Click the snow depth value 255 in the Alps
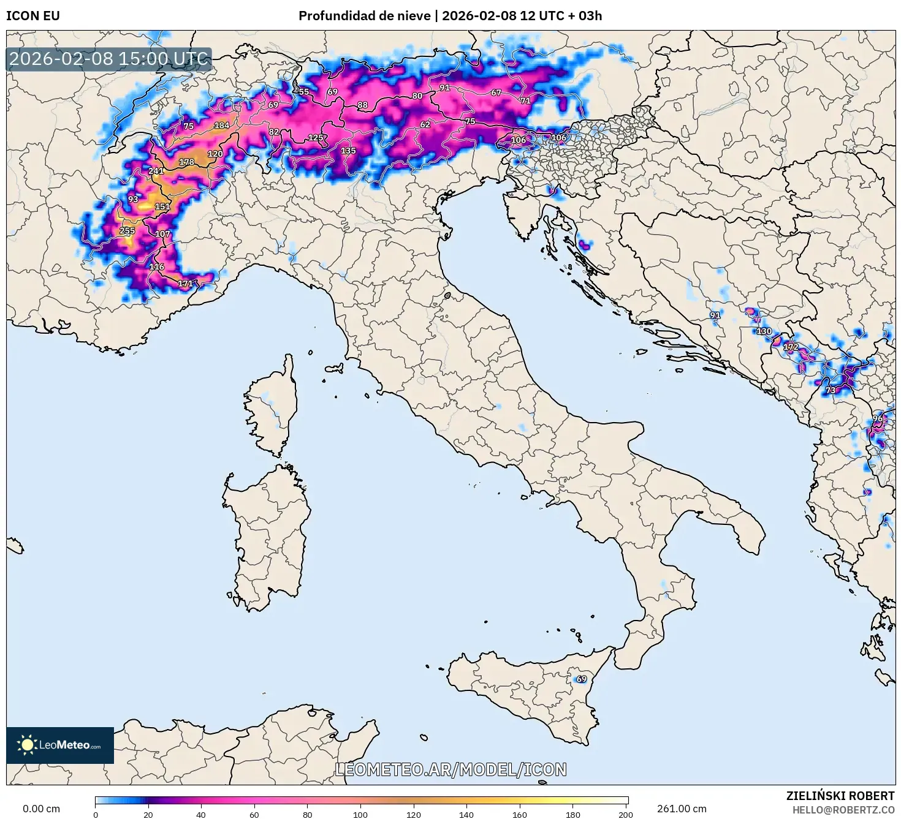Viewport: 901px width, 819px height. [127, 231]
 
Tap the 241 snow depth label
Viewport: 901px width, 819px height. [156, 171]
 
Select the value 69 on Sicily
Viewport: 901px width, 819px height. [581, 679]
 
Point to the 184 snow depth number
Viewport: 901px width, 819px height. [221, 126]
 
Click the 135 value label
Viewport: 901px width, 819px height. [348, 151]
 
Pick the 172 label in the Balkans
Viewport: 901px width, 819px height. [791, 347]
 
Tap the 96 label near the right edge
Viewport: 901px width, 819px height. [878, 419]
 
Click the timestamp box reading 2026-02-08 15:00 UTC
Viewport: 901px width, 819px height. [109, 59]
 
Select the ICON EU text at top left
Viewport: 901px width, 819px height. [33, 16]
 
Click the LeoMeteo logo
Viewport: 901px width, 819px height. [60, 745]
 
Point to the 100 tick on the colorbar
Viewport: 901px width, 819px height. [360, 814]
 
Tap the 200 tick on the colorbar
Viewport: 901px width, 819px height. [625, 814]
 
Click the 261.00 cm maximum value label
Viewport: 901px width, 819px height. [682, 809]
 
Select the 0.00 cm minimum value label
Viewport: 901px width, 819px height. [41, 809]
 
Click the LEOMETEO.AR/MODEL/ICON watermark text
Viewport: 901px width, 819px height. [450, 769]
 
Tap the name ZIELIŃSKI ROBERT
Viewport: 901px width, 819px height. [840, 796]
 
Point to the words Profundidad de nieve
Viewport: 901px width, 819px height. [364, 16]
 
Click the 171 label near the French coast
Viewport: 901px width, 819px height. [185, 284]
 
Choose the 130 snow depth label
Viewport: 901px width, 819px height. [764, 331]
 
